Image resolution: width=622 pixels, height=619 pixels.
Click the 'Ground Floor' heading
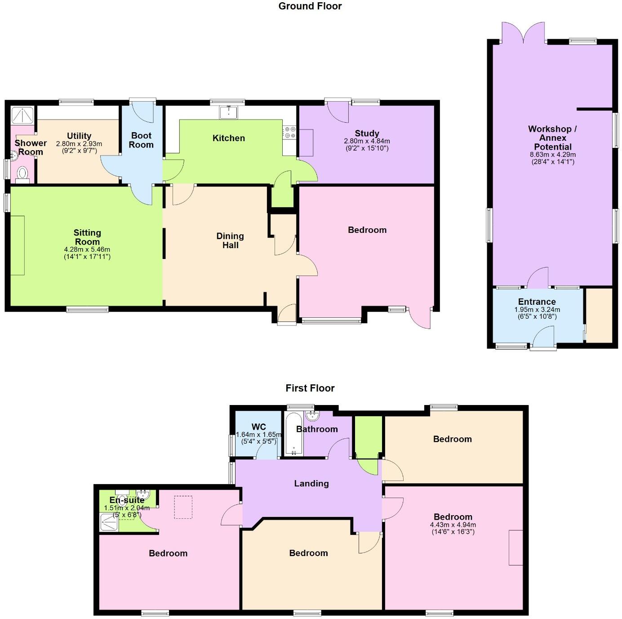[310, 6]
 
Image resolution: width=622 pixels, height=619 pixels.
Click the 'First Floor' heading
[310, 388]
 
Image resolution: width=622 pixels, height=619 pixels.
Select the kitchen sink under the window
[229, 112]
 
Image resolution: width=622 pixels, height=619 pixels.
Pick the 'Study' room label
[367, 133]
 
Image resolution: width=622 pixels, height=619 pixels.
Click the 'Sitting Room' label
[87, 237]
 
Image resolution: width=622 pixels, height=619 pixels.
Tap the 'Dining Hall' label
[230, 240]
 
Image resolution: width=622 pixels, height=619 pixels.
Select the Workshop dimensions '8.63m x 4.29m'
[552, 155]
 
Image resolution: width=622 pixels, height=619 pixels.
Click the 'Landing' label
[311, 483]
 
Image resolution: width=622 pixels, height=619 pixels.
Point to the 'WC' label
[259, 427]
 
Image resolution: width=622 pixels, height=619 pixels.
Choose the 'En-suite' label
[127, 500]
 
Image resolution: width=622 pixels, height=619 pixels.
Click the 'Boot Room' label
[141, 140]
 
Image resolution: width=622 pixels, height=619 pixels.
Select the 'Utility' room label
[79, 136]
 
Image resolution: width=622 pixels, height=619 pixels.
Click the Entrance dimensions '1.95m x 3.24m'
[537, 310]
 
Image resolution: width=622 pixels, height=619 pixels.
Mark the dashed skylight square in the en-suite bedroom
[183, 507]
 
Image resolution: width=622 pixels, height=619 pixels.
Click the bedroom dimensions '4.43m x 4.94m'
[453, 525]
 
